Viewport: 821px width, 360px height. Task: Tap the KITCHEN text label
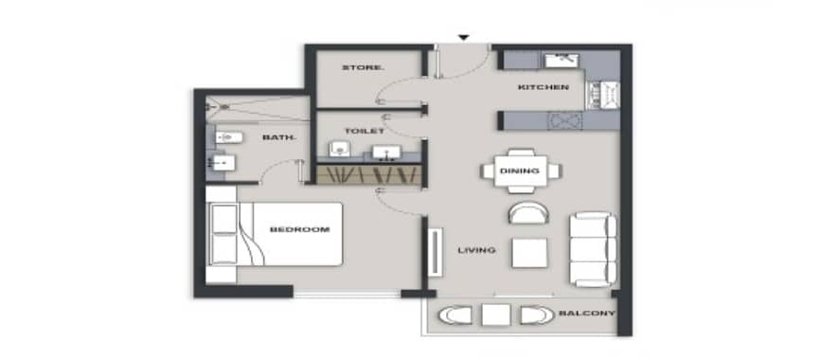543,87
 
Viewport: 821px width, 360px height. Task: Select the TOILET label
365,131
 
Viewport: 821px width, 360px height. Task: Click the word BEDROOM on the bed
299,229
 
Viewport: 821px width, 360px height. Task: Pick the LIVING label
476,250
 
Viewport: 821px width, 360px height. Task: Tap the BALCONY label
586,314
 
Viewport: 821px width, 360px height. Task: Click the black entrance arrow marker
463,37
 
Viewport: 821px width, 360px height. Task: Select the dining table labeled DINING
521,171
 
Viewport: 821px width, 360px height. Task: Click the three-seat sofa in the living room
593,249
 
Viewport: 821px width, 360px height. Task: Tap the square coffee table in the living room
529,253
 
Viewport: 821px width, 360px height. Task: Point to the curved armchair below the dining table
528,213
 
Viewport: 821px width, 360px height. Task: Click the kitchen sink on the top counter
562,61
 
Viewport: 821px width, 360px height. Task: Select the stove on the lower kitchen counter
565,120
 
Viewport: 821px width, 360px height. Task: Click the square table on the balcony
496,315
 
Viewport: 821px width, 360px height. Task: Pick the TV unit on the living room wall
436,252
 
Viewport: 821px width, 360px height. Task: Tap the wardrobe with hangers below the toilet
368,174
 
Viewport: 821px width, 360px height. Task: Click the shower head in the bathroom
224,107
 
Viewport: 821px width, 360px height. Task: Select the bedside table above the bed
222,194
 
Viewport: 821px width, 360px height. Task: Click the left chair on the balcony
455,315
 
